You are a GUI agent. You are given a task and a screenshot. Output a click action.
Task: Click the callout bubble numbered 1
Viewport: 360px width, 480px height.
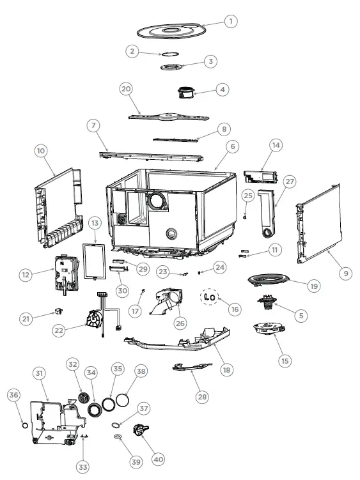coord(230,21)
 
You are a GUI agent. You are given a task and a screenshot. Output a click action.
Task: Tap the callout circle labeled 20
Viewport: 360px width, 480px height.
coord(126,89)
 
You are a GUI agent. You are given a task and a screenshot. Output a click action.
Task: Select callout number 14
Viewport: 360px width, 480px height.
coord(276,146)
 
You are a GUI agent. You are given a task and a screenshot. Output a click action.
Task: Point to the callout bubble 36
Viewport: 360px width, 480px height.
coord(14,396)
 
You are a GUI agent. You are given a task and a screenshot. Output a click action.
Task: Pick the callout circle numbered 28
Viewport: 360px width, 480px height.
coord(202,397)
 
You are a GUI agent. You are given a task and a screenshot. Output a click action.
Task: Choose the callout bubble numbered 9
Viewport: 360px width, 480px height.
coord(345,273)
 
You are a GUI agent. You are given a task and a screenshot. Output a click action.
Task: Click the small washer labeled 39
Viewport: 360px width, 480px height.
coord(118,437)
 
